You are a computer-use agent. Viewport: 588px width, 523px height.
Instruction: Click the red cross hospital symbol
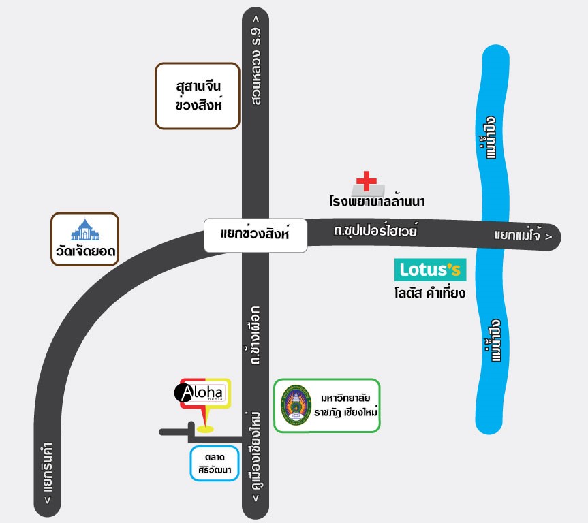tap(366, 181)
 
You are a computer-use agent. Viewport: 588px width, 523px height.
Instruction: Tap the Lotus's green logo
tap(431, 270)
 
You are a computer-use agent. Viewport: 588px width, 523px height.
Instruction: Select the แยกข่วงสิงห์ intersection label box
tap(256, 234)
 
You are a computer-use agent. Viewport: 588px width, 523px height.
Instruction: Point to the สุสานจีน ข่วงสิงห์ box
tap(198, 96)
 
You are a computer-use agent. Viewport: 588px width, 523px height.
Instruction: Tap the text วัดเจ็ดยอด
tap(85, 254)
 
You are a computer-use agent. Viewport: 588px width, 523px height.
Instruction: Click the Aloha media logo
tap(204, 394)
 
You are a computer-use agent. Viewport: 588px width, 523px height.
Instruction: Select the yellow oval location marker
tap(204, 429)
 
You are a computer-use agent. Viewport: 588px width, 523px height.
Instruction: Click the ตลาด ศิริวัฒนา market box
tap(215, 463)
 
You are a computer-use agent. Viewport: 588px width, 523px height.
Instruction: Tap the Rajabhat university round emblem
tap(294, 406)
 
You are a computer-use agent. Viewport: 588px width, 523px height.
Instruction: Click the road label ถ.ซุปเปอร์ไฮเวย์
tap(375, 232)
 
